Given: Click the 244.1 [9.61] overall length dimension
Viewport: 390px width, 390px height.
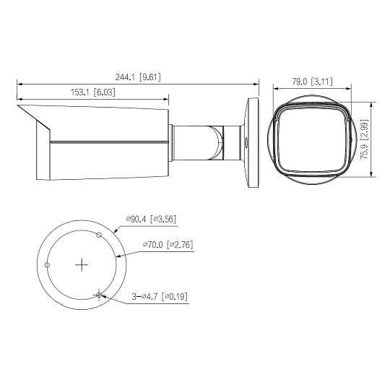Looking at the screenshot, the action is point(138,77).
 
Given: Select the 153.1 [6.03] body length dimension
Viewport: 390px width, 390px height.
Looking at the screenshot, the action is point(93,92).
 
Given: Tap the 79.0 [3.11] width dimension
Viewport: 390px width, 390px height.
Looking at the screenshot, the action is point(312,82).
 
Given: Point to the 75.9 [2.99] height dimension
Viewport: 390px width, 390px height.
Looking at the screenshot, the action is point(365,139).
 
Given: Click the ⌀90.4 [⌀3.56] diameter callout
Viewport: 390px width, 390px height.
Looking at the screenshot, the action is point(151,219).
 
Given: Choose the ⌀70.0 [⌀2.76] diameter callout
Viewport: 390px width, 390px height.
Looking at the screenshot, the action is point(168,245).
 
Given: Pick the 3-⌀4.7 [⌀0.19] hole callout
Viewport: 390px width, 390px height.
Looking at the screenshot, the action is point(160,297).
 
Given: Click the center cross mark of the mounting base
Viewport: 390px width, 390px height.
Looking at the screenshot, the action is point(82,265).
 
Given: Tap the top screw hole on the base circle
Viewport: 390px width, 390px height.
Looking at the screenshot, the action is point(99,235).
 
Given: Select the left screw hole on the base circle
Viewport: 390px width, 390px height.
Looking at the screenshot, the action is point(47,265).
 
